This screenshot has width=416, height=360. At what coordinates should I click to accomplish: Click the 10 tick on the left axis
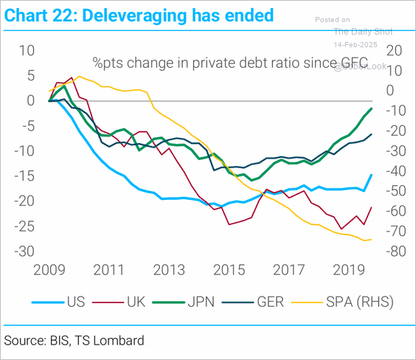pyautogui.click(x=27, y=50)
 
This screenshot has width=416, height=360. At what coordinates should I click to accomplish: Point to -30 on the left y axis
pyautogui.click(x=25, y=252)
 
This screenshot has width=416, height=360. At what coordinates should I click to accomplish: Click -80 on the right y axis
pyautogui.click(x=392, y=252)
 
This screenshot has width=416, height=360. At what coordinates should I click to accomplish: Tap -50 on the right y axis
pyautogui.click(x=392, y=191)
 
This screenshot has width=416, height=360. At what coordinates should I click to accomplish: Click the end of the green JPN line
pyautogui.click(x=371, y=108)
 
